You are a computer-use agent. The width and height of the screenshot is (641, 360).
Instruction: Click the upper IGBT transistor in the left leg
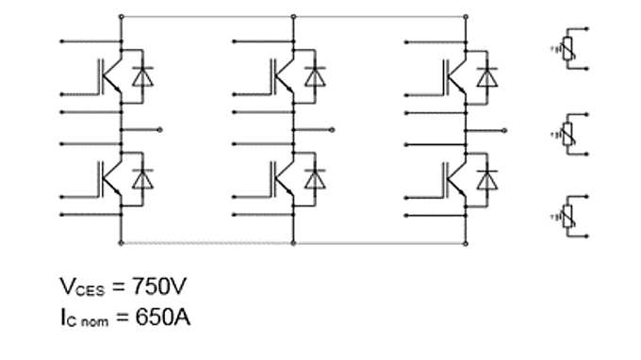click(109, 76)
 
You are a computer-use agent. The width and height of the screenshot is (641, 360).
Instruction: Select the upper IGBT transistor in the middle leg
click(282, 76)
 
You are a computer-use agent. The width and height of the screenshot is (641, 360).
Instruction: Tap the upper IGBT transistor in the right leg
click(453, 76)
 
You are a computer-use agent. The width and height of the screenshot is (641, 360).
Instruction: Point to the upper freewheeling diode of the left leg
click(142, 75)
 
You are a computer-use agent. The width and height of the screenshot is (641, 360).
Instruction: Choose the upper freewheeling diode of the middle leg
click(315, 75)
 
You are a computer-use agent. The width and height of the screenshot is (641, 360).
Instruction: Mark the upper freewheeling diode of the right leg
click(486, 75)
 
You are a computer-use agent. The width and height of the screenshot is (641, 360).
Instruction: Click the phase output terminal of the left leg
click(161, 128)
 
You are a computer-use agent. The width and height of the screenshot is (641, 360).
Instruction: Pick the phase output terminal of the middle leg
click(334, 128)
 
